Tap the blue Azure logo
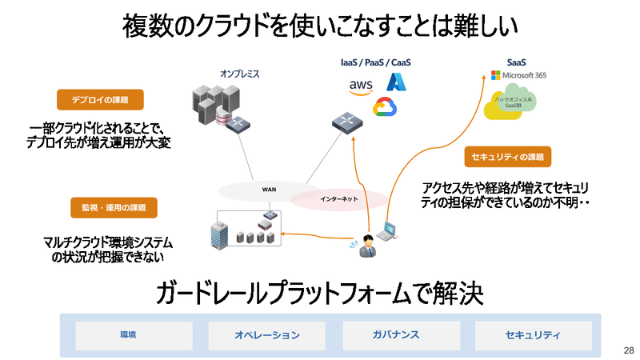[398, 82]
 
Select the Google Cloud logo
[386, 108]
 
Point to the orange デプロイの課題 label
[101, 100]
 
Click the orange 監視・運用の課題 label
[114, 207]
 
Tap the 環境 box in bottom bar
[128, 334]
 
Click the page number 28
[627, 351]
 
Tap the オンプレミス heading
[240, 74]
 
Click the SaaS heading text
[517, 62]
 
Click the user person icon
[366, 246]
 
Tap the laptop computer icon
[389, 230]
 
